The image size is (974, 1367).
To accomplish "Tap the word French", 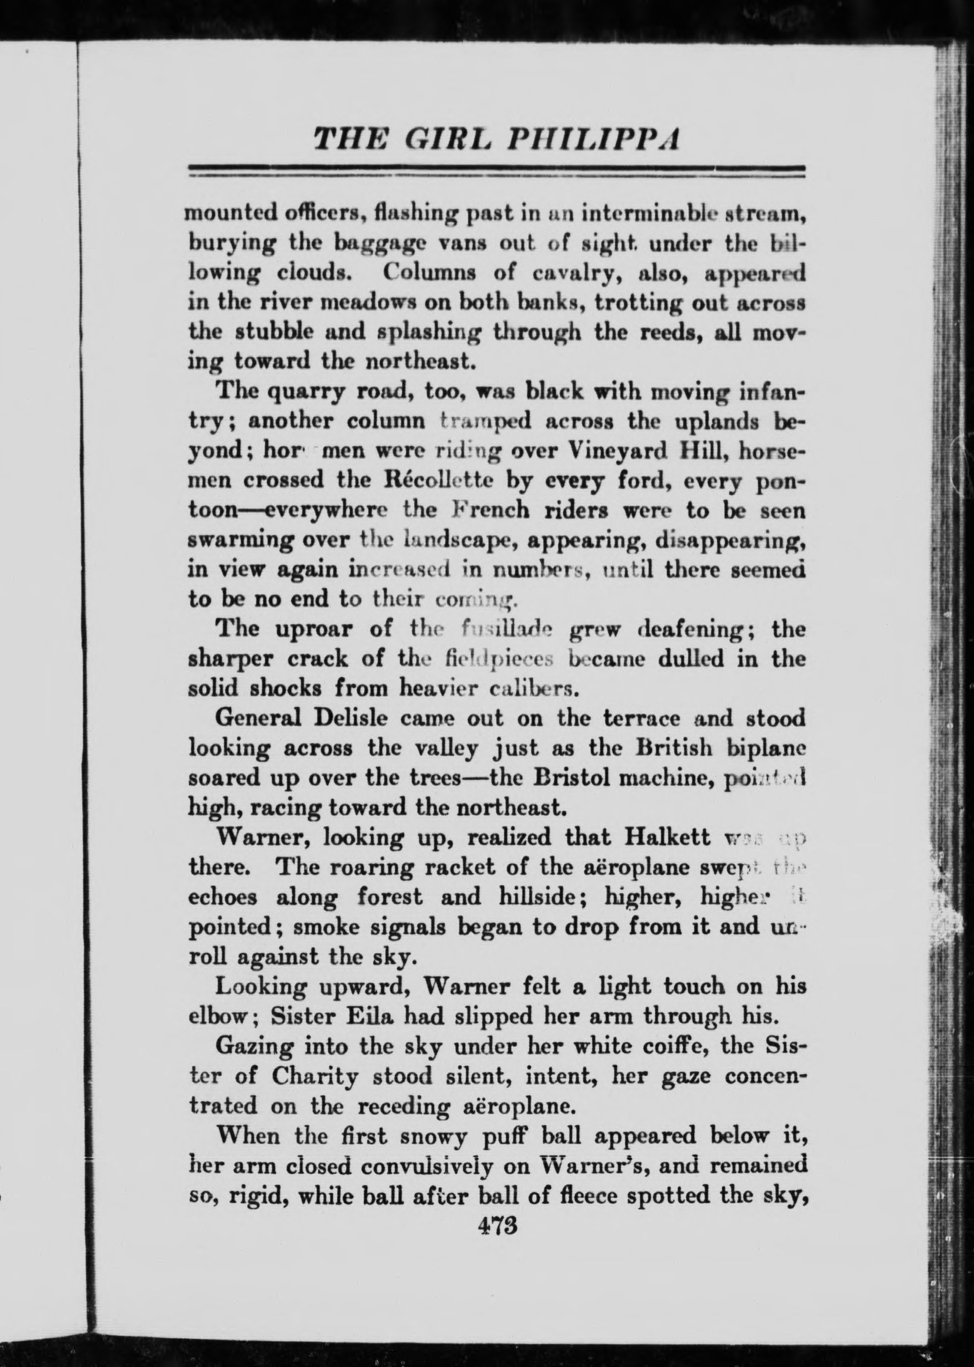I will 491,509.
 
